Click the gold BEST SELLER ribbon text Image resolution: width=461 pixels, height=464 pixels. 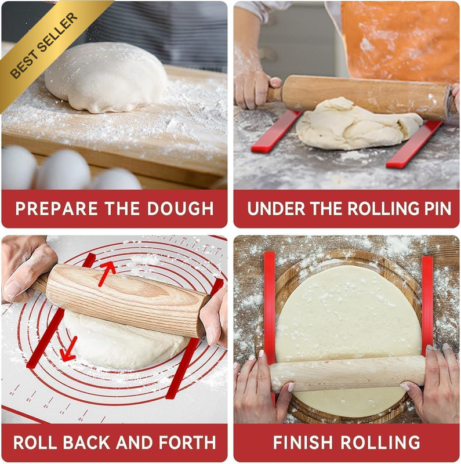pos(44,46)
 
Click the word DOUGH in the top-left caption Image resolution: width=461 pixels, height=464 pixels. pos(180,209)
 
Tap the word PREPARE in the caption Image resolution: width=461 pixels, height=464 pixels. pos(56,209)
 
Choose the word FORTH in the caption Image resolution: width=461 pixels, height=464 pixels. pos(187,443)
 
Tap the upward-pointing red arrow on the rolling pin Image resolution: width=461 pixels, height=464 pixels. pos(107,273)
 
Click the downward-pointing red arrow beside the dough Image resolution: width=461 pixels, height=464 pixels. pos(69,349)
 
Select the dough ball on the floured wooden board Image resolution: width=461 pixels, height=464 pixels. pos(106,78)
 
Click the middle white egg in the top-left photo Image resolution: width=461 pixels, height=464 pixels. pos(63,169)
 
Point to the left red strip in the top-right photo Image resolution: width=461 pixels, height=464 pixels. pos(276,132)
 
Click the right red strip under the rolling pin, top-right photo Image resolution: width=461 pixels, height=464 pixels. pos(414,144)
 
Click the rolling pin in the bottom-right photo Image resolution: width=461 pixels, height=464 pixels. pos(348,374)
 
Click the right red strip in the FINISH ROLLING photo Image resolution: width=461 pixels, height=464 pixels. pos(427,305)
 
